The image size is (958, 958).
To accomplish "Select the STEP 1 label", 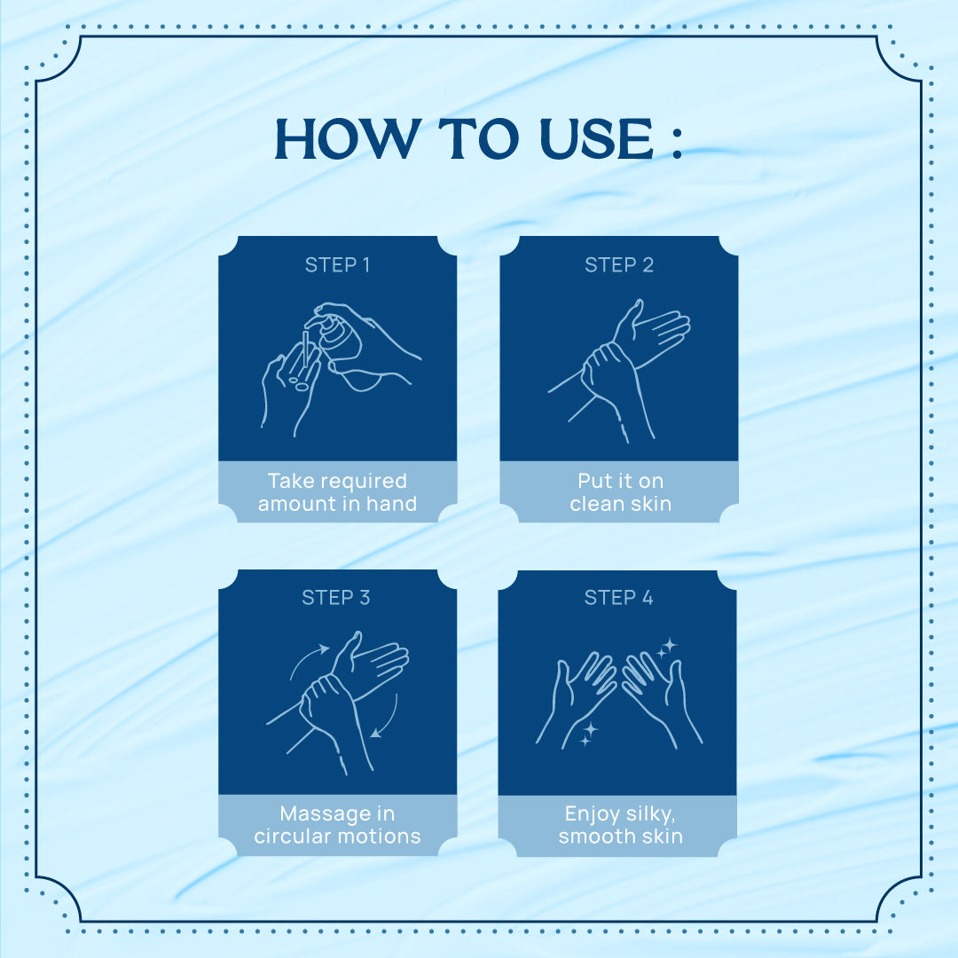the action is (337, 265).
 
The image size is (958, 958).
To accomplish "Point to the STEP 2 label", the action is (619, 265).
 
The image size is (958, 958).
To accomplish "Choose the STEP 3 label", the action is (336, 598).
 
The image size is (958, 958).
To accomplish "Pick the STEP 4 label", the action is (618, 598).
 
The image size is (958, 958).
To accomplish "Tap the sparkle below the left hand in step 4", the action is (588, 734).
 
